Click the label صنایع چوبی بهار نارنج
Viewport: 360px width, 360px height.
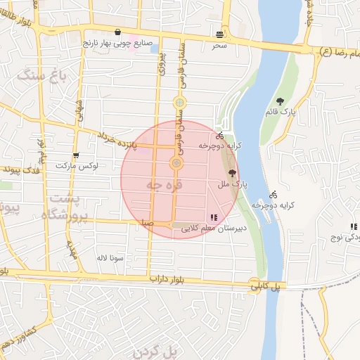click(117, 44)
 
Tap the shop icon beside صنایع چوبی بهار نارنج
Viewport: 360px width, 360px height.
click(117, 32)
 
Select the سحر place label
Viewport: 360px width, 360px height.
click(220, 45)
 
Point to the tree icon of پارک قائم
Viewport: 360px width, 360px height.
click(281, 101)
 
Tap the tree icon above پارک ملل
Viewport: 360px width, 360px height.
click(232, 172)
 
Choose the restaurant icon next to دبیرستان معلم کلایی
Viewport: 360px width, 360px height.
click(214, 217)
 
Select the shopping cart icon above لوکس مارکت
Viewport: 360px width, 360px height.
click(76, 155)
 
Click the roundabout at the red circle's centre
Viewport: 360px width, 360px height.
click(176, 164)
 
